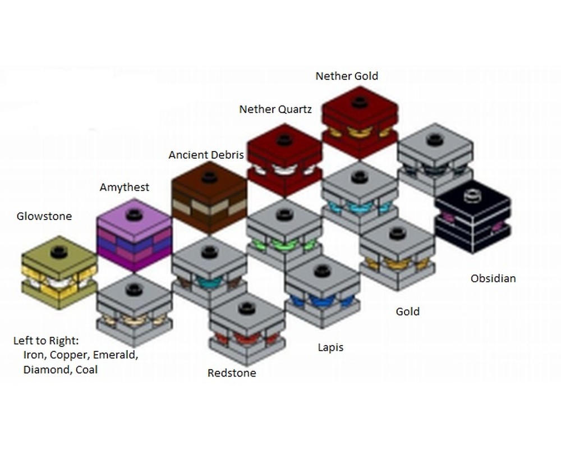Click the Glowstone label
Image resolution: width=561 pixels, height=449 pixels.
(44, 216)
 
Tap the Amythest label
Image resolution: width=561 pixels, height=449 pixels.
(125, 187)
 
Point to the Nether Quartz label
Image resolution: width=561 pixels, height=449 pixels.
(275, 109)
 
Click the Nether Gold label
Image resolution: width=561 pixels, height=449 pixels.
(347, 76)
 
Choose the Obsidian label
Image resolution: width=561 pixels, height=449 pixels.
(493, 278)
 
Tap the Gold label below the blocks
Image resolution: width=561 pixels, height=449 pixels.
(407, 311)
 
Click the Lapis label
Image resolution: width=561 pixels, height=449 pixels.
(330, 347)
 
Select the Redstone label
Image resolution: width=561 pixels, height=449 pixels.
(232, 373)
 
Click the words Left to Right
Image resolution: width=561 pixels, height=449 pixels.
(47, 341)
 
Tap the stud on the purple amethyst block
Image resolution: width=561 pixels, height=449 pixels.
(134, 216)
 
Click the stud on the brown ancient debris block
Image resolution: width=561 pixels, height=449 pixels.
(209, 177)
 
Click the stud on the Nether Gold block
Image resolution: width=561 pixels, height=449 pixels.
(360, 102)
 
